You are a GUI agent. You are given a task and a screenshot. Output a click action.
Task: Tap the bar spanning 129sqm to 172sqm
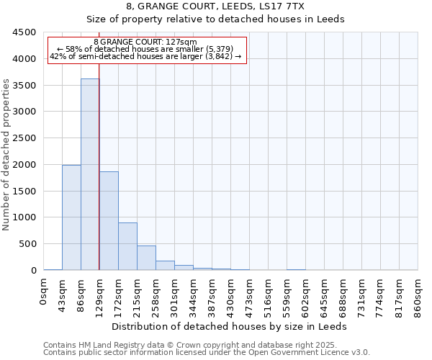point(109,220)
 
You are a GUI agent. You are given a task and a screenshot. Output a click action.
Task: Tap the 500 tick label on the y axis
point(27,244)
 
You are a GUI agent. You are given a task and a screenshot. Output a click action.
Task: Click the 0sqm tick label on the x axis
point(44,291)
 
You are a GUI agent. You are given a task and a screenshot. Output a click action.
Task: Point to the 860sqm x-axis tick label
point(418,295)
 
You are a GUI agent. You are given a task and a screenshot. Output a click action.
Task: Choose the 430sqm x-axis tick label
point(231,295)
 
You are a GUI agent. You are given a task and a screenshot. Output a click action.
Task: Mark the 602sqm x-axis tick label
point(306,295)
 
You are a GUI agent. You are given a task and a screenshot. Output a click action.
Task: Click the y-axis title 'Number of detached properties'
point(6,156)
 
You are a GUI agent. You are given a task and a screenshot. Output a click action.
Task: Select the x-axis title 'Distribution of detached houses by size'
point(230,326)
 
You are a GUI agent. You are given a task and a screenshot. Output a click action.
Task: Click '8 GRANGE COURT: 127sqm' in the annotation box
point(145,42)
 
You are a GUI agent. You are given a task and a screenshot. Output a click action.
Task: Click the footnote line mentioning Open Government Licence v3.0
point(207,353)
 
